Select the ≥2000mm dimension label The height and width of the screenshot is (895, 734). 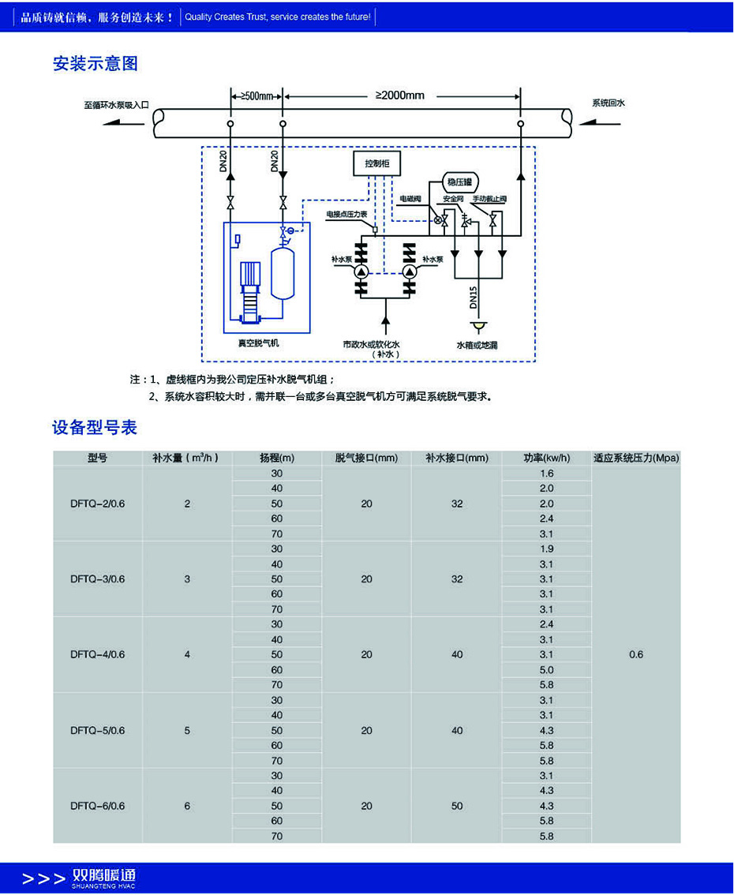pos(399,95)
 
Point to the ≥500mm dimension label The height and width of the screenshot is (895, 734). pos(256,96)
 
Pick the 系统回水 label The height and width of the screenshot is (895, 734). pos(609,103)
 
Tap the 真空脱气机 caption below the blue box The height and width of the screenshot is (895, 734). pos(259,343)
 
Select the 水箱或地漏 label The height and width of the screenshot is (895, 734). pos(477,345)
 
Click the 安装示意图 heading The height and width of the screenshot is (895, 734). pos(95,64)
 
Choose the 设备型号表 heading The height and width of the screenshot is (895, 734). pos(95,427)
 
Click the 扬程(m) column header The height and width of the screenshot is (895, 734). pos(277,458)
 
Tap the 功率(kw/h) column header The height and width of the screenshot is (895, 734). pos(547,458)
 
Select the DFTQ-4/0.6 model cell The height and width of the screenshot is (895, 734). pos(97,654)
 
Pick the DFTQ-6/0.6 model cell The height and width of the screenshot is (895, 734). pos(97,806)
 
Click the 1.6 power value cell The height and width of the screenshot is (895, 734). pos(547,474)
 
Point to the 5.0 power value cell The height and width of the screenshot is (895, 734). pos(547,670)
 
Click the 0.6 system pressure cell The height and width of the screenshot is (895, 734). pos(636,654)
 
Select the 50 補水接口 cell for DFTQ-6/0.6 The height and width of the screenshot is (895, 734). pos(457,806)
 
